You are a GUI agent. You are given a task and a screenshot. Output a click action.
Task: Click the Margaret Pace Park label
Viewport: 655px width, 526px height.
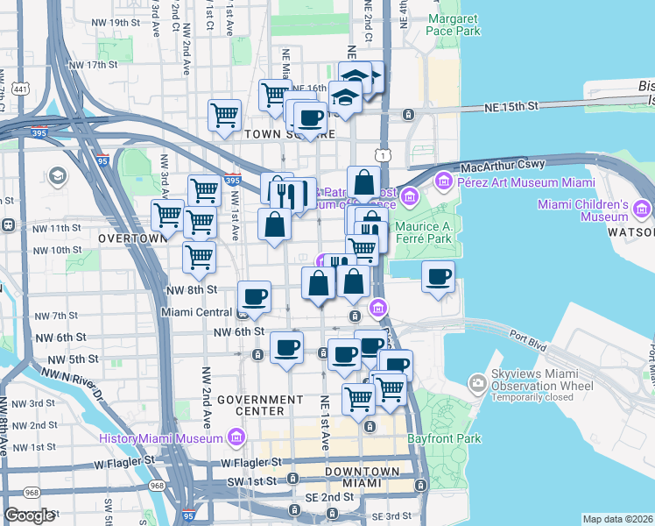point(454,24)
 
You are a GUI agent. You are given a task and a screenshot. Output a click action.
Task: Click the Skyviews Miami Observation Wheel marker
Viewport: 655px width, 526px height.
point(477,382)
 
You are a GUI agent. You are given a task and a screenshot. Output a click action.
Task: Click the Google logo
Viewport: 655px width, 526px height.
point(29,516)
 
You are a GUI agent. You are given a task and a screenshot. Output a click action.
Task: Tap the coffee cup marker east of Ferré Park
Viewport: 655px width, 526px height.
point(438,277)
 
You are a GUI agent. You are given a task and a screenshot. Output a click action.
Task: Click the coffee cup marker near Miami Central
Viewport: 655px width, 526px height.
point(254,296)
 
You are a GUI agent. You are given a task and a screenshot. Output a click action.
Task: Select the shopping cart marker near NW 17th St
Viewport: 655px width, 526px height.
point(224,114)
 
